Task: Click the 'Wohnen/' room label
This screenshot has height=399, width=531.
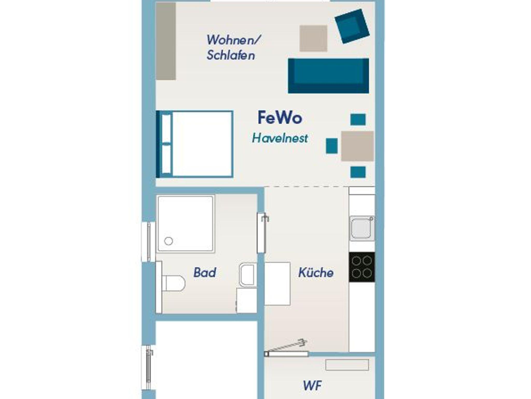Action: [x=233, y=40]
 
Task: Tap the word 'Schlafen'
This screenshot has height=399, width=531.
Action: [x=231, y=55]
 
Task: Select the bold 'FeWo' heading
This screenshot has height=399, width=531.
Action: [x=280, y=118]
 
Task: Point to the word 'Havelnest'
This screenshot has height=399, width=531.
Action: [x=280, y=138]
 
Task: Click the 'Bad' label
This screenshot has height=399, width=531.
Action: [x=205, y=272]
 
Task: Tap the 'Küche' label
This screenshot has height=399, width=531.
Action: [x=316, y=272]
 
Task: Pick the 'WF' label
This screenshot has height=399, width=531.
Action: [x=312, y=386]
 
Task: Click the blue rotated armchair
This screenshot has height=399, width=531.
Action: [x=352, y=26]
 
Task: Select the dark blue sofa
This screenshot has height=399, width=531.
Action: [x=328, y=76]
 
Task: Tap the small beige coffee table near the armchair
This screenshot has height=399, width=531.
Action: [x=313, y=38]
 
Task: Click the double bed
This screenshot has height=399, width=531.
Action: [x=194, y=144]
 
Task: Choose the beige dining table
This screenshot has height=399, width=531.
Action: [x=357, y=146]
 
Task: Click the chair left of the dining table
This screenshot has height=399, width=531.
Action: [x=332, y=146]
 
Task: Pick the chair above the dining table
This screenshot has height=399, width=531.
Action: [x=358, y=119]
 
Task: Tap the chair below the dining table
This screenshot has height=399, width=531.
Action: [x=358, y=172]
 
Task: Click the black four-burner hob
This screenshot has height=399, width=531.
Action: [x=362, y=267]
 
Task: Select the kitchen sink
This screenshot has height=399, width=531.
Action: [x=362, y=228]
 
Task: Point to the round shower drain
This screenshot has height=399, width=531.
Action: [x=169, y=241]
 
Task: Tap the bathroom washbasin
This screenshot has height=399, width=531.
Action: [x=248, y=275]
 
